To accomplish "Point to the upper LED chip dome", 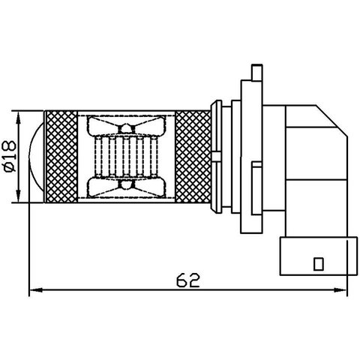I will click(124, 128).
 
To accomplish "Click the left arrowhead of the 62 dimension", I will click(34, 291).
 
